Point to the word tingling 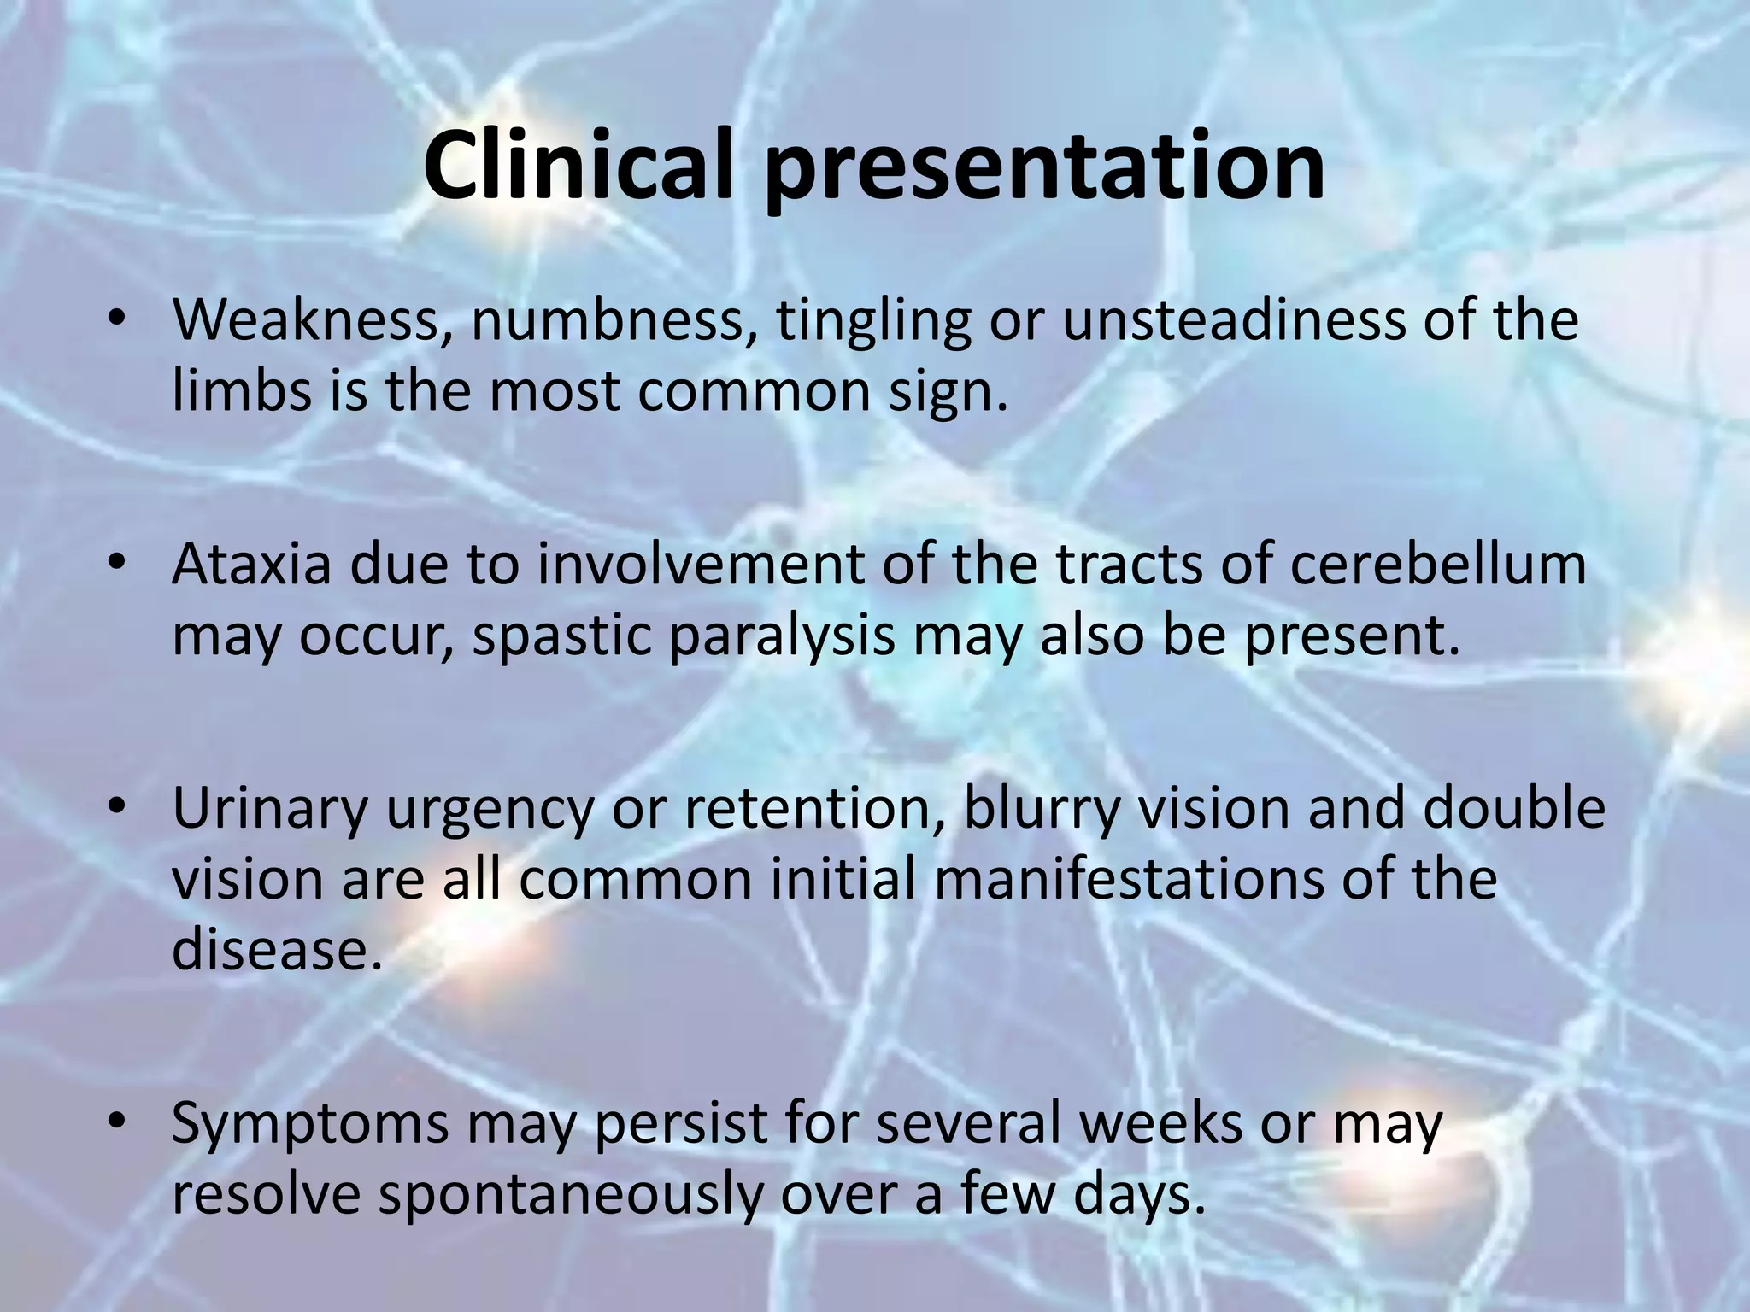(x=873, y=323)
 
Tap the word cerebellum (x=1437, y=565)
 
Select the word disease (x=273, y=950)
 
